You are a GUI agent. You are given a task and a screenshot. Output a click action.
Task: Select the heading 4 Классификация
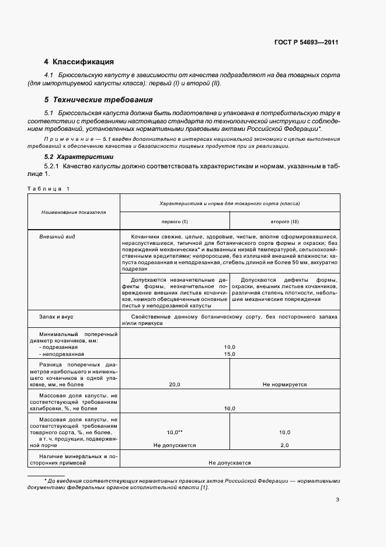[x=79, y=62]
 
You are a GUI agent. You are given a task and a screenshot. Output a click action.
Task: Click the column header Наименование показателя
[x=73, y=212]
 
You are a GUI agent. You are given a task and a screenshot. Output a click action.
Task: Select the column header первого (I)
[x=175, y=221]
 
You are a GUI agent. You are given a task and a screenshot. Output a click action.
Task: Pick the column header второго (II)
[x=284, y=221]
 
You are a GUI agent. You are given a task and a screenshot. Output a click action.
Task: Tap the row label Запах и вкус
[x=56, y=316]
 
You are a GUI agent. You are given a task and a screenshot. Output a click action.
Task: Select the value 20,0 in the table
[x=175, y=385]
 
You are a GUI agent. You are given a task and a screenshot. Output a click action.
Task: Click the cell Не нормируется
[x=284, y=385]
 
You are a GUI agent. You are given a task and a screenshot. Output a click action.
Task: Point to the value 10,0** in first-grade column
[x=175, y=432]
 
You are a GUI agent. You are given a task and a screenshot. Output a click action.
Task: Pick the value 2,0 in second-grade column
[x=284, y=445]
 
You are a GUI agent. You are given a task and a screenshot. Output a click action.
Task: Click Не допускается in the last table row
[x=229, y=463]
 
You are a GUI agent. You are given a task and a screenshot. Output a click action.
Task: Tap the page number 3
[x=337, y=499]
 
